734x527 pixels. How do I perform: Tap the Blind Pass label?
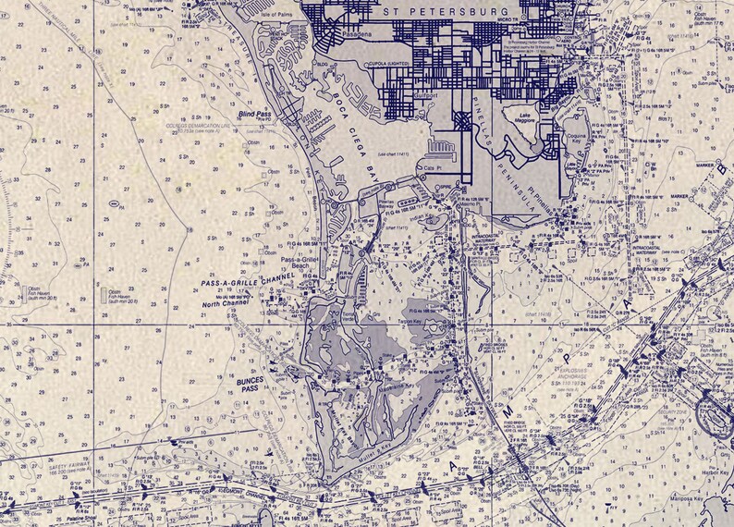[254, 114]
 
